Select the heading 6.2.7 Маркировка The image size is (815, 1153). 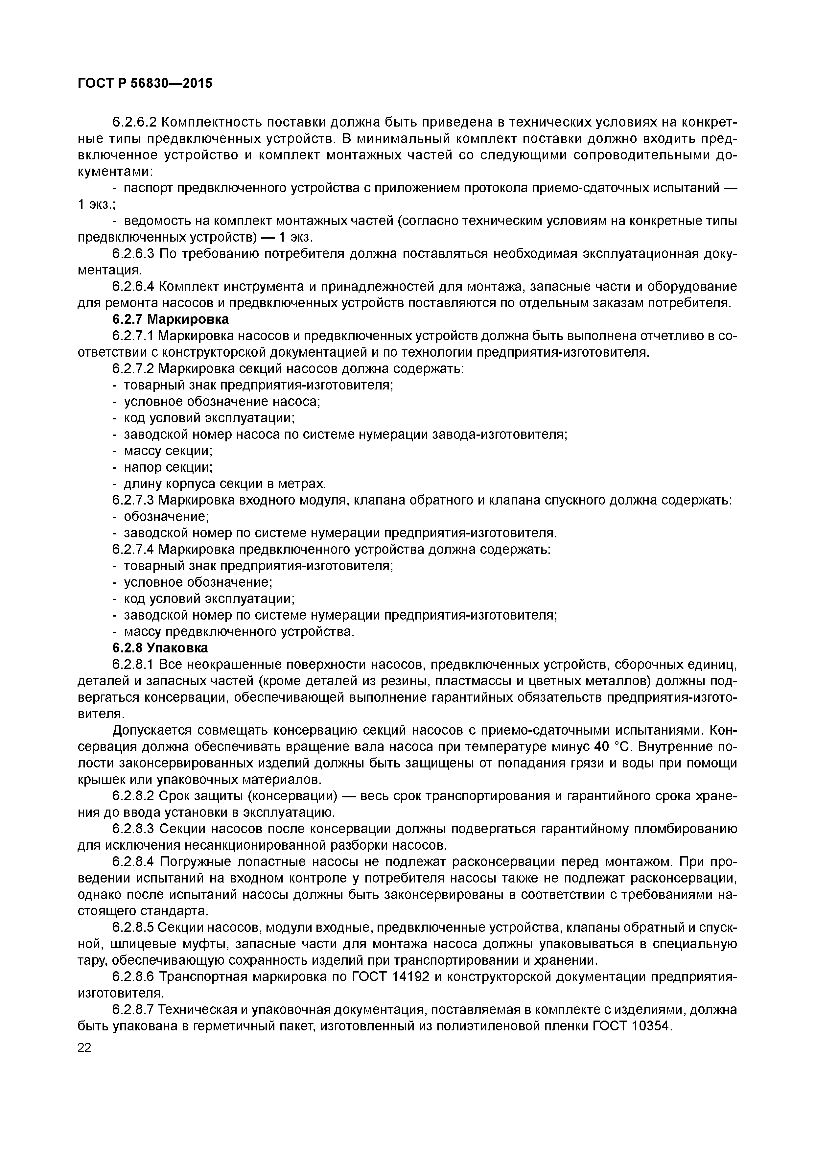170,319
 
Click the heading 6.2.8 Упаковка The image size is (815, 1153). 160,648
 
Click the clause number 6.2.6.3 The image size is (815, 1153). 133,254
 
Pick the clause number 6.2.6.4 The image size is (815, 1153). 133,287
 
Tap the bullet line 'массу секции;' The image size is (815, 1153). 168,451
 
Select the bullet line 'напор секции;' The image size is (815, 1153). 168,467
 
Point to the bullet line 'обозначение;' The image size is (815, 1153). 166,517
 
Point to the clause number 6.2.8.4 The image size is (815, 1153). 133,862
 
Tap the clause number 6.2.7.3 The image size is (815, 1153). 133,500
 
